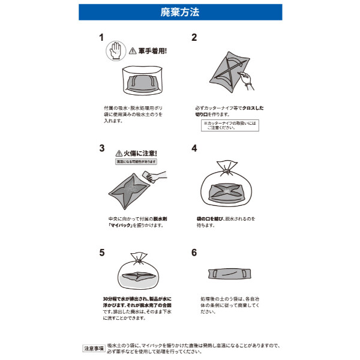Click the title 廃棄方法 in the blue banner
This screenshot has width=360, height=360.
coord(180,11)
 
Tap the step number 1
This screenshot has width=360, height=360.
coord(101,37)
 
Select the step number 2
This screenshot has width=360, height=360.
coord(194,37)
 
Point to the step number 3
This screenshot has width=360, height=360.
coord(101,148)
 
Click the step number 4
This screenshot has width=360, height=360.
coord(194,148)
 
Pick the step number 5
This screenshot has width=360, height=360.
coord(101,252)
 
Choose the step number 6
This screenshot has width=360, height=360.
coord(194,252)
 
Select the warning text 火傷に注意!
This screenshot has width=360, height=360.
coord(140,153)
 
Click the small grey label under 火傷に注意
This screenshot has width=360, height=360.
coord(136,162)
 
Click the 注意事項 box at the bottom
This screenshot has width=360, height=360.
coord(93,348)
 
